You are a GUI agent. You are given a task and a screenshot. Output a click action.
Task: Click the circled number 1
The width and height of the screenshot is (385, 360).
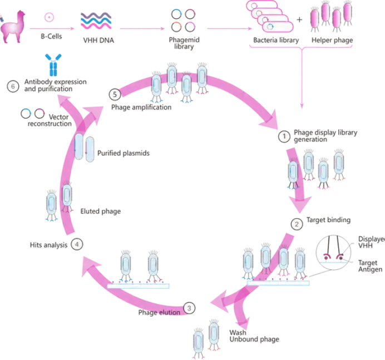click(284, 135)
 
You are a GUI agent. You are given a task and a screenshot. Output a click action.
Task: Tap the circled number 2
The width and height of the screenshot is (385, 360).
click(297, 224)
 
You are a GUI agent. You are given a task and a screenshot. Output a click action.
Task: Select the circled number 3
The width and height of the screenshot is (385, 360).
click(190, 307)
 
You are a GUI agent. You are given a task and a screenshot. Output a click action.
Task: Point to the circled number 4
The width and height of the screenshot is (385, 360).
click(77, 244)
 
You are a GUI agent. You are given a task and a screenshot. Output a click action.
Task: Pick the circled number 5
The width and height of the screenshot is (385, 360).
click(115, 94)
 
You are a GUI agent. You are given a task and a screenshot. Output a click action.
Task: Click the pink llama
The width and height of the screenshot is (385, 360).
click(13, 26)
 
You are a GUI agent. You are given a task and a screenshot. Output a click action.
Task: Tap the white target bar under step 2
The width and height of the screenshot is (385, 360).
click(277, 282)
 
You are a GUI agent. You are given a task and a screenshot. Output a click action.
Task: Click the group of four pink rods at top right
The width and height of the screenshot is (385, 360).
click(332, 16)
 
